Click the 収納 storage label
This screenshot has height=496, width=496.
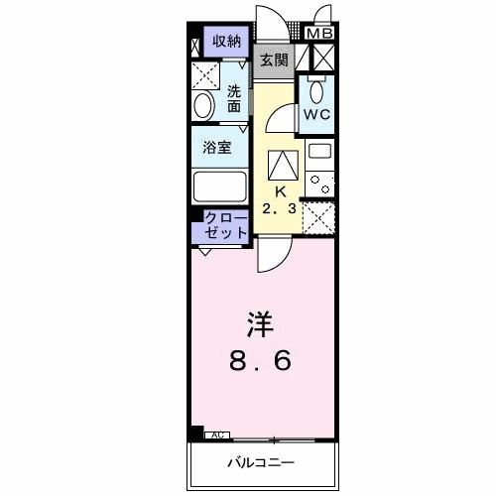click(227, 41)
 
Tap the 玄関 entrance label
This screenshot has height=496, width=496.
click(275, 60)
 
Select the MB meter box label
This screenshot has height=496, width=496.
click(319, 34)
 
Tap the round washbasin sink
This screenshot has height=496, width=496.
click(203, 106)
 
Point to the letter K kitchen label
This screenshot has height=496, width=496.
click(281, 190)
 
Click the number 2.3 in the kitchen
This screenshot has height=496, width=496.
click(281, 208)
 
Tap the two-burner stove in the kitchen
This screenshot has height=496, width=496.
click(320, 182)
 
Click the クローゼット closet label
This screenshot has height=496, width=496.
click(226, 225)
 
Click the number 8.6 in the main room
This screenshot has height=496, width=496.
click(261, 361)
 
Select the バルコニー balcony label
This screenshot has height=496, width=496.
click(262, 463)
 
